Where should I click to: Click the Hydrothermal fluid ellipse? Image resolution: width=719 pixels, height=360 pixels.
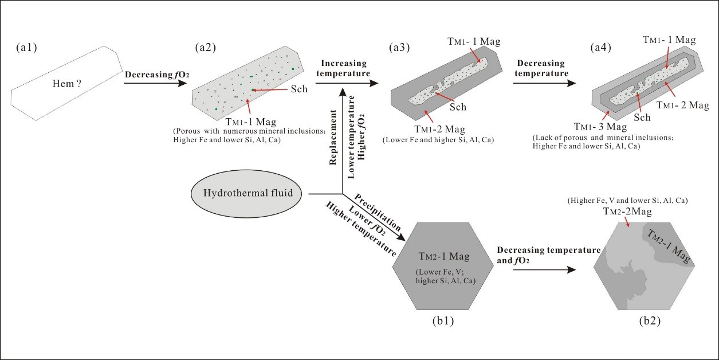(x=249, y=193)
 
